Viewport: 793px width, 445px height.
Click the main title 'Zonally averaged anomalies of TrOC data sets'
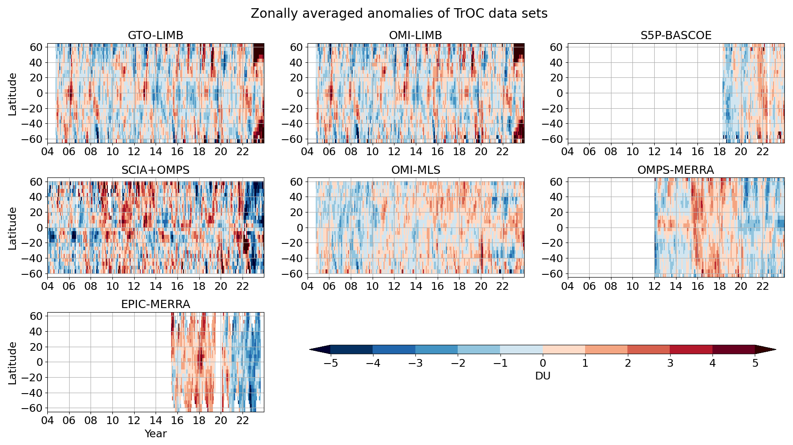point(399,14)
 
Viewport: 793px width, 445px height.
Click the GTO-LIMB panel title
point(156,35)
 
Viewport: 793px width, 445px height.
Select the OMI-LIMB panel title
point(415,35)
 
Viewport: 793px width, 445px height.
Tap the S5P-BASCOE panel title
point(676,35)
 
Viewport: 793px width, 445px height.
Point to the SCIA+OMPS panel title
point(156,170)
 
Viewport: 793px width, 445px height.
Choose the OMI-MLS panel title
point(415,170)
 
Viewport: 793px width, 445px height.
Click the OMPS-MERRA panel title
point(676,170)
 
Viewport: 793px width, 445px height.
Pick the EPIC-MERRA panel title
point(156,304)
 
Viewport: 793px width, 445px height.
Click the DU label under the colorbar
point(543,376)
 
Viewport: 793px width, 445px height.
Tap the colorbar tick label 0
point(543,363)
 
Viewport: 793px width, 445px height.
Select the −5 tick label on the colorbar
point(330,363)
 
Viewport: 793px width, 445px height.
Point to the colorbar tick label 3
point(670,363)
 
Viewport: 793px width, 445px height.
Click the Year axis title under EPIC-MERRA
point(156,434)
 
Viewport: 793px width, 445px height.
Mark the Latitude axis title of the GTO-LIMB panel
point(12,94)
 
